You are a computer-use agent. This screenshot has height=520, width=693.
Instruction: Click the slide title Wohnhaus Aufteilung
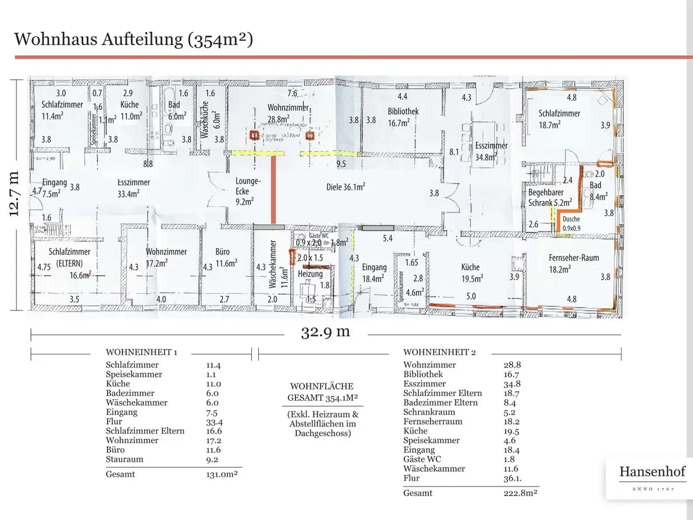(133, 39)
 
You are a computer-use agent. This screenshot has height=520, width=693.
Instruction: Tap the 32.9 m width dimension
(325, 331)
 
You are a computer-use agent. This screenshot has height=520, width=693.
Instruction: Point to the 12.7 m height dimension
(14, 194)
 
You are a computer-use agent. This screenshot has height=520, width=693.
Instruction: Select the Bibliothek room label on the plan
(403, 112)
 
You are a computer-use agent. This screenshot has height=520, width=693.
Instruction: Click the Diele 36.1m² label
(345, 187)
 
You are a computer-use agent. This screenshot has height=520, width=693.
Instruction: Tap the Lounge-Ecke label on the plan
(248, 186)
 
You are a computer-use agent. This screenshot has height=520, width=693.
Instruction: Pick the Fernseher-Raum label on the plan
(573, 258)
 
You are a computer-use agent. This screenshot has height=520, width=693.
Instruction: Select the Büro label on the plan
(222, 252)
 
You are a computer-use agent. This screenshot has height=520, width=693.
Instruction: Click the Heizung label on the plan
(310, 274)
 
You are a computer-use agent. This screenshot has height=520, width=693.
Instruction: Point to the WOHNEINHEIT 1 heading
(141, 352)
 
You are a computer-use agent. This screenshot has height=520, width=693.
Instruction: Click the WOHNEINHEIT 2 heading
(439, 352)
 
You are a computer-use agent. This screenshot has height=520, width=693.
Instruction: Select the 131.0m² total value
(218, 474)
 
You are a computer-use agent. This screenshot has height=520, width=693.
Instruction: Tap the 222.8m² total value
(520, 493)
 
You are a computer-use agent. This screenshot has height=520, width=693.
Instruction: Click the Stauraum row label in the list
(125, 459)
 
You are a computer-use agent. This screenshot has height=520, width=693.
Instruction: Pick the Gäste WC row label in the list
(422, 459)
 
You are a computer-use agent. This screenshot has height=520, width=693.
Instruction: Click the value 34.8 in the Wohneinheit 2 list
(512, 383)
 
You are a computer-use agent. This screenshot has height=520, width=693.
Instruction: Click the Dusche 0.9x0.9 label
(571, 223)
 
